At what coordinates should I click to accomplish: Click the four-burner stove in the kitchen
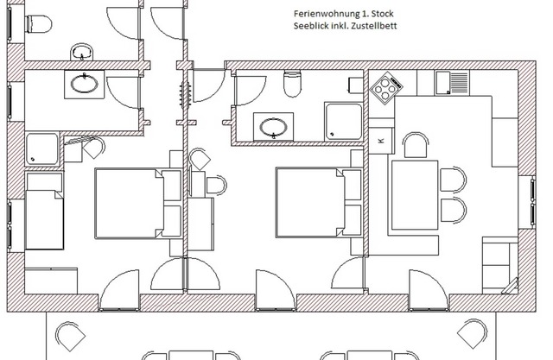[x=386, y=87]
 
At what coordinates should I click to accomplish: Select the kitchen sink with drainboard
[x=452, y=83]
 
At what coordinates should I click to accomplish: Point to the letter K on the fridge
[x=380, y=141]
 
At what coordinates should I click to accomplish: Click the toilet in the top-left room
[x=39, y=24]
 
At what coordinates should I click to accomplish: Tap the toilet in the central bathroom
[x=292, y=84]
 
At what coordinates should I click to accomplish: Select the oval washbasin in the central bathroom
[x=273, y=127]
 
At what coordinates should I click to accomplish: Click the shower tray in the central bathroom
[x=344, y=122]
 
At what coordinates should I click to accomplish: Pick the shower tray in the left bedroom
[x=41, y=149]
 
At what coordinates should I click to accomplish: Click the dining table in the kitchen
[x=415, y=195]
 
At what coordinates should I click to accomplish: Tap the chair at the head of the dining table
[x=416, y=145]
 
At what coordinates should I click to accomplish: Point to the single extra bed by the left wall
[x=44, y=211]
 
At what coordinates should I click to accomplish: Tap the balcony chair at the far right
[x=472, y=333]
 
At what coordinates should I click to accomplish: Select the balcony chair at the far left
[x=70, y=336]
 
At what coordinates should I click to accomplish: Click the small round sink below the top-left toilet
[x=82, y=52]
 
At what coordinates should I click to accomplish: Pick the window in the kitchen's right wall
[x=532, y=200]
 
